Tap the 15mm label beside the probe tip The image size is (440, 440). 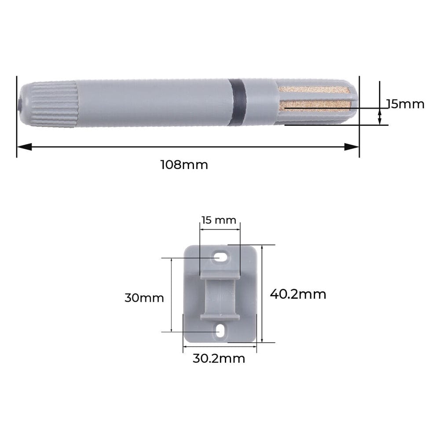pyautogui.click(x=405, y=104)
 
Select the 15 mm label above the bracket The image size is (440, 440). pyautogui.click(x=219, y=220)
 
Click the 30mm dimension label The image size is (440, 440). pyautogui.click(x=144, y=298)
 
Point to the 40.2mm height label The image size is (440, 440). pyautogui.click(x=298, y=294)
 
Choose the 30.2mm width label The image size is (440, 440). pyautogui.click(x=219, y=358)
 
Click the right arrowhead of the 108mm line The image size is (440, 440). pyautogui.click(x=352, y=147)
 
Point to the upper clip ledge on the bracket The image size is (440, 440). pyautogui.click(x=220, y=276)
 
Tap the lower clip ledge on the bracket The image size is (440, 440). pyautogui.click(x=220, y=316)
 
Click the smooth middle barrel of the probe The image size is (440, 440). pyautogui.click(x=154, y=103)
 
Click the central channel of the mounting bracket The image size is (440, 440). pyautogui.click(x=220, y=296)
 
